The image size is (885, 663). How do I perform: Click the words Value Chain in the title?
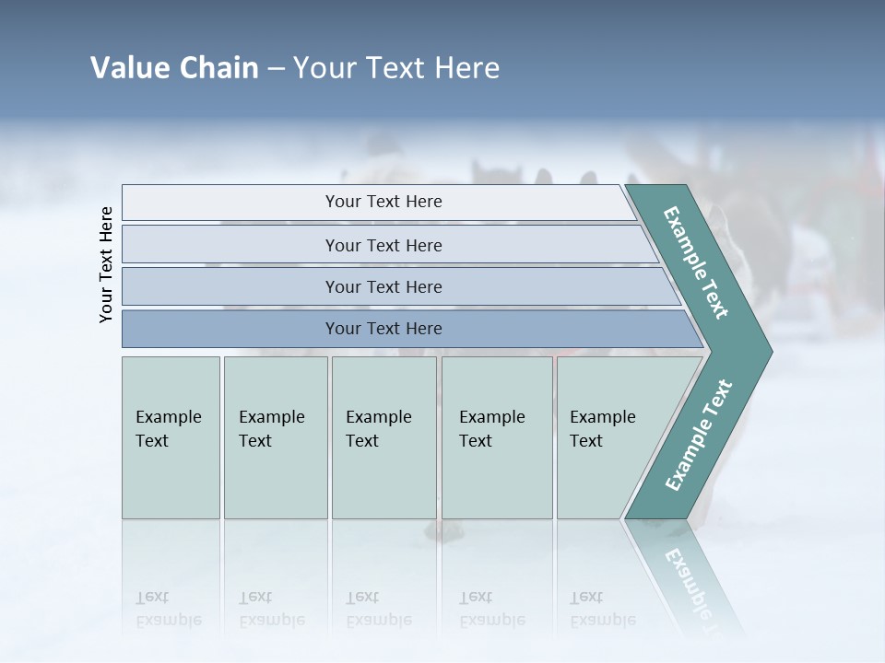(174, 68)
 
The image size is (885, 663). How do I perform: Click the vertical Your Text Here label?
(106, 264)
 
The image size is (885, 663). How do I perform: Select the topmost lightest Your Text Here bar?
(383, 202)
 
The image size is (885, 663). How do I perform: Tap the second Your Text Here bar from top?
(383, 245)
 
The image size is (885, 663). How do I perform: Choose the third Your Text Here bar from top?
(383, 286)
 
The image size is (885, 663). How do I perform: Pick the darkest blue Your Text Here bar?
(383, 329)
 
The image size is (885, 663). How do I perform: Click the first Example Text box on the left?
(171, 437)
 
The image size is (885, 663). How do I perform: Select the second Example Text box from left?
(275, 437)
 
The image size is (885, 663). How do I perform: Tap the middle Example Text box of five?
(383, 437)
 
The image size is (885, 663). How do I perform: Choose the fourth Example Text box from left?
(496, 437)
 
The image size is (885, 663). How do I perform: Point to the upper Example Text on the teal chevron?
(696, 262)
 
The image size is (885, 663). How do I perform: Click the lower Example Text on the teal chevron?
(698, 435)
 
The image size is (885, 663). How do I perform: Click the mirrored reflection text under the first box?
(169, 609)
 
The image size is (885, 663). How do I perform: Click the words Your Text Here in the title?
(396, 68)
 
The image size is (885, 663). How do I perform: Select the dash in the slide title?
(276, 69)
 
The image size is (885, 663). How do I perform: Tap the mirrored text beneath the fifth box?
(602, 609)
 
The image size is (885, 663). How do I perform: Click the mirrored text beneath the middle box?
(378, 609)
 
